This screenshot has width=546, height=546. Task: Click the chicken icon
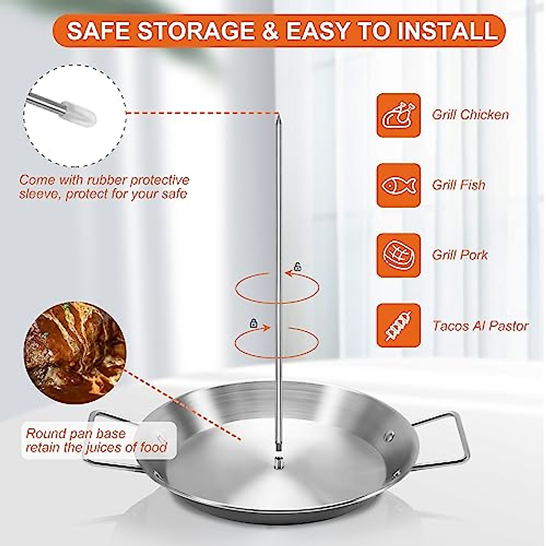tap(398, 115)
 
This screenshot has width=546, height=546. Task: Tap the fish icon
tap(398, 185)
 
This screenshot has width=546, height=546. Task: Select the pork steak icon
tap(398, 255)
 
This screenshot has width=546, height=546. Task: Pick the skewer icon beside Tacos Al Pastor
tap(398, 326)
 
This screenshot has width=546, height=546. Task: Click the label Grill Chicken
tap(470, 115)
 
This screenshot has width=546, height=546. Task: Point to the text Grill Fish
tap(459, 185)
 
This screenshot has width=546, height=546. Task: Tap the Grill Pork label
tap(460, 255)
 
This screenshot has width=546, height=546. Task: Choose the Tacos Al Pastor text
tap(480, 326)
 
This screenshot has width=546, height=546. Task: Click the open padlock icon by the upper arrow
tap(298, 267)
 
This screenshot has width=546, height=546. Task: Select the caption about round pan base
tap(96, 440)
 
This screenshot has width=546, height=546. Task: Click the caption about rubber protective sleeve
tap(104, 187)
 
